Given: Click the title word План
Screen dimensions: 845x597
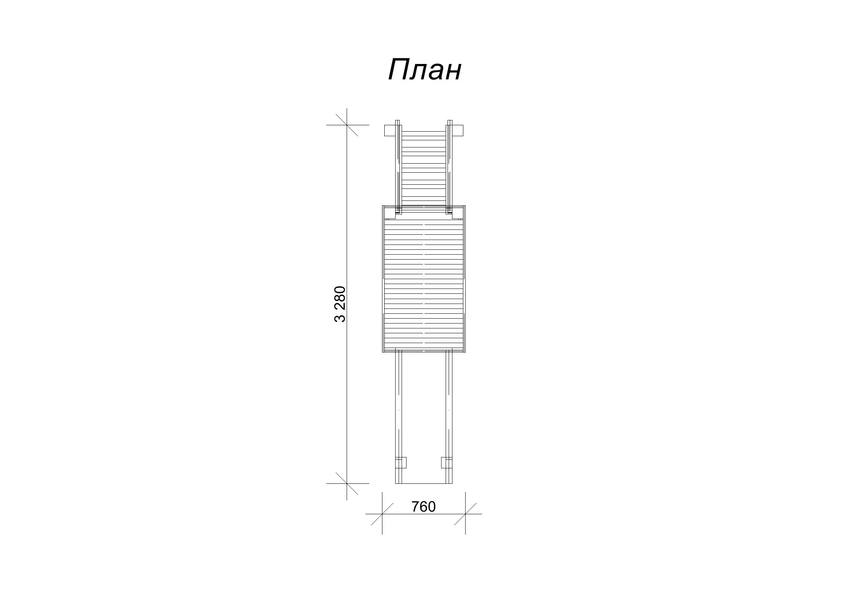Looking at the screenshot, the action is pyautogui.click(x=425, y=70).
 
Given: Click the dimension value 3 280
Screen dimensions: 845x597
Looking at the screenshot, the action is pyautogui.click(x=340, y=304).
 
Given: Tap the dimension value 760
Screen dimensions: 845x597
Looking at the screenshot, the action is pyautogui.click(x=423, y=507).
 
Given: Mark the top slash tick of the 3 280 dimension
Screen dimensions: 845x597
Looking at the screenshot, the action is pyautogui.click(x=347, y=125).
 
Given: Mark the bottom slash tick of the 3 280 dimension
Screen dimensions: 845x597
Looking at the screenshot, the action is pyautogui.click(x=347, y=483).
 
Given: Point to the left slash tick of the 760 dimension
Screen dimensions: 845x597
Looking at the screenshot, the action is pyautogui.click(x=382, y=514).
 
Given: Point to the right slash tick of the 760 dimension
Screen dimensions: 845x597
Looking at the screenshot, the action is pyautogui.click(x=465, y=514).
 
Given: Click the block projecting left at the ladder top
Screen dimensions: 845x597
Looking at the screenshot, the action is pyautogui.click(x=390, y=131).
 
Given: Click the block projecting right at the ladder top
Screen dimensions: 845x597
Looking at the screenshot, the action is pyautogui.click(x=457, y=131).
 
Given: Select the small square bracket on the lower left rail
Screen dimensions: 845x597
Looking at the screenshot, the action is pyautogui.click(x=401, y=462).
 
